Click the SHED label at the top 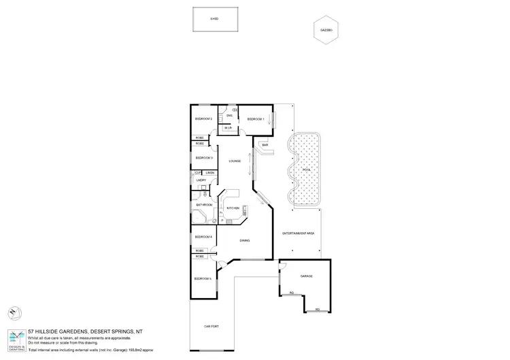[x=214, y=18]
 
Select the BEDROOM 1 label [x=256, y=119]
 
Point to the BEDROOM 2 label [x=204, y=119]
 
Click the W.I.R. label [x=228, y=127]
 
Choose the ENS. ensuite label [x=230, y=116]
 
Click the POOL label [x=306, y=169]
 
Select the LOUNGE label [x=235, y=161]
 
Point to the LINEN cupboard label [x=211, y=174]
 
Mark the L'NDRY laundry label [x=201, y=180]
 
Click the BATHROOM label [x=205, y=205]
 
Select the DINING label [x=245, y=240]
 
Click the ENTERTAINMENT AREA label [x=298, y=233]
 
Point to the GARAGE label [x=306, y=276]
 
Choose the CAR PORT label [x=211, y=327]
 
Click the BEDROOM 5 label [x=203, y=279]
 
